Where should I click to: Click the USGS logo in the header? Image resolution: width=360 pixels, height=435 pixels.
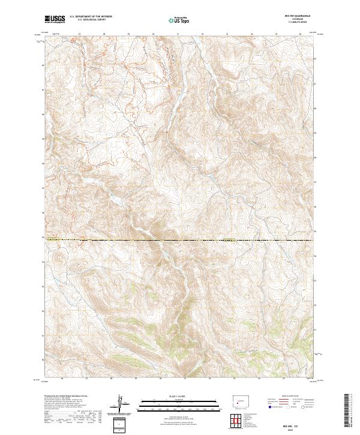click(55, 20)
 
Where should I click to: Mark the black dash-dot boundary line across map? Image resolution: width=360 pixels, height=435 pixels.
click(180, 241)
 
